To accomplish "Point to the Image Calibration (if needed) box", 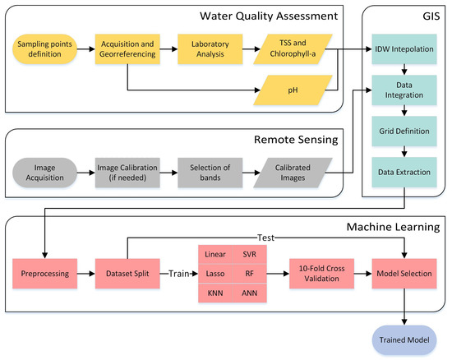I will pyautogui.click(x=127, y=173).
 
